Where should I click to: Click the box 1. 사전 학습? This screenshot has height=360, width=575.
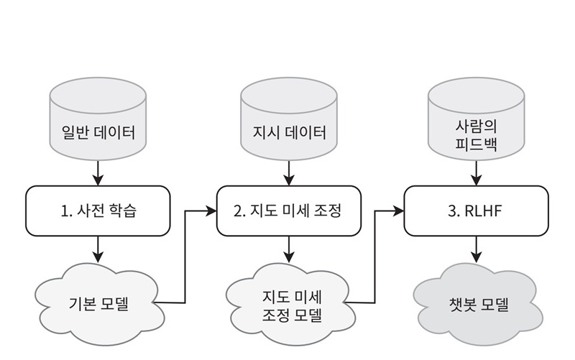98,211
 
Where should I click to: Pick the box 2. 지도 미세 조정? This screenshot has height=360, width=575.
288,211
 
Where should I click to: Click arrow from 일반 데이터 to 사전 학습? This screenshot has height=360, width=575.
98,173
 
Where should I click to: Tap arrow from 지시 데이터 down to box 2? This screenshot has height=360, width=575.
288,173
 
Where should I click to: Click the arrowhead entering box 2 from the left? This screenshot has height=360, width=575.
212,211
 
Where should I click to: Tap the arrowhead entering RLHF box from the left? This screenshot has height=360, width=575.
399,211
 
